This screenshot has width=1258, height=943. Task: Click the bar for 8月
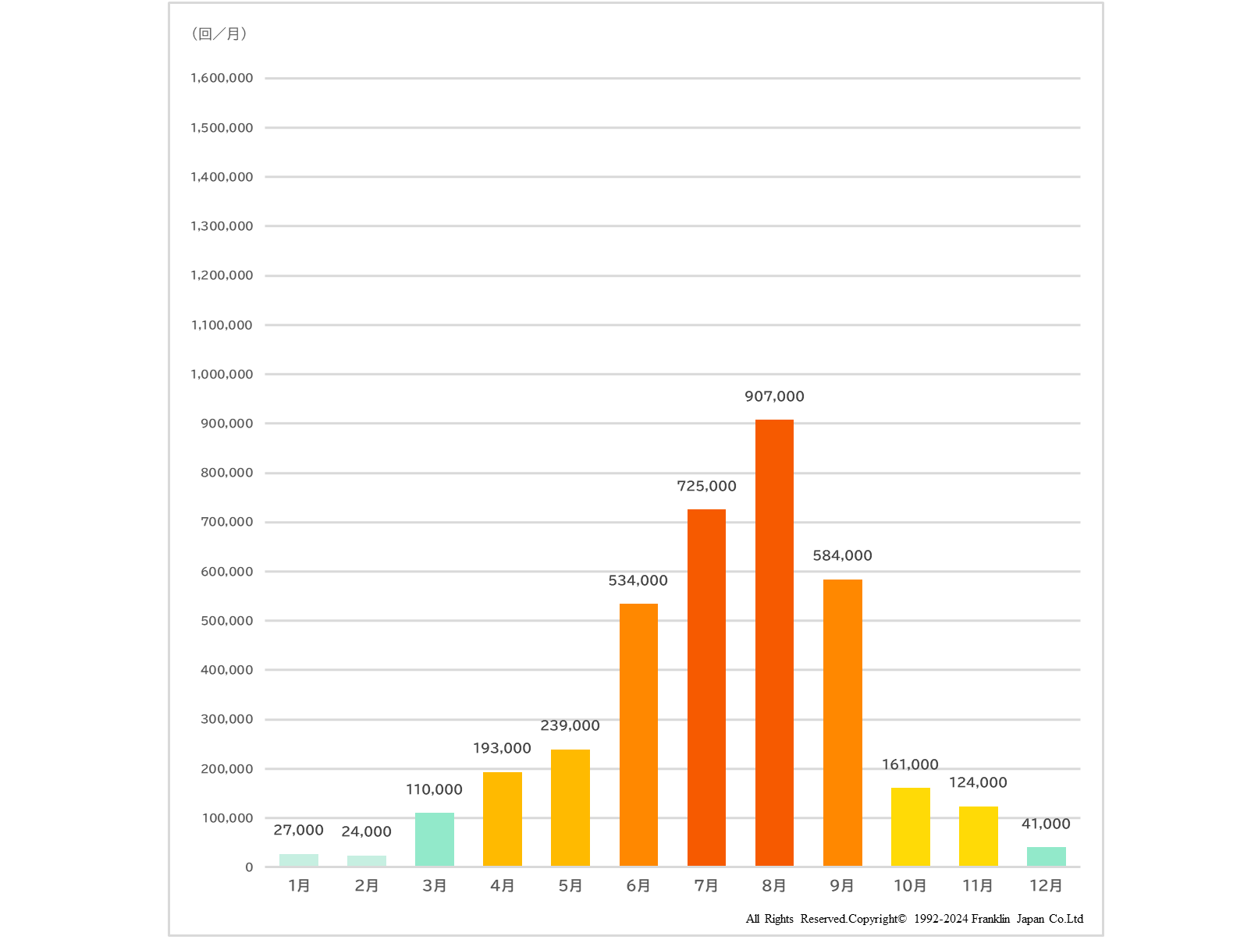(774, 643)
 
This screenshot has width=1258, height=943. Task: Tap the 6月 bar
(638, 735)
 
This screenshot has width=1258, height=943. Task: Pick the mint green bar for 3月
(435, 839)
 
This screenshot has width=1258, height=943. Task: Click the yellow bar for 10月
(910, 827)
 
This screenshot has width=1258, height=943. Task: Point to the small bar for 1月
(299, 860)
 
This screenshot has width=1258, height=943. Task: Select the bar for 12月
(1046, 856)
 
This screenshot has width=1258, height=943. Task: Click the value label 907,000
(774, 396)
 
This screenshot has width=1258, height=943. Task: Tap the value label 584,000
(842, 555)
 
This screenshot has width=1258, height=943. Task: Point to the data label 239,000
(570, 725)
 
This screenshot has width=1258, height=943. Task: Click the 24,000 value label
(366, 831)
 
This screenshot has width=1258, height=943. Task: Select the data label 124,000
(978, 782)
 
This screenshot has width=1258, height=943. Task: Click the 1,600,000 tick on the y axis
(222, 78)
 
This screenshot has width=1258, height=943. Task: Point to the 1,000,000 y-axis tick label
(222, 374)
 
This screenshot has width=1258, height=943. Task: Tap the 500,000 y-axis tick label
(226, 621)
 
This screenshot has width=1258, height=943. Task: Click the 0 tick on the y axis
(249, 867)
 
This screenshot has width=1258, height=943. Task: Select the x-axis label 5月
(570, 885)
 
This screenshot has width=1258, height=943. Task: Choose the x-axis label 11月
(978, 885)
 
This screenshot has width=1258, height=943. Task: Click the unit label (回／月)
(219, 34)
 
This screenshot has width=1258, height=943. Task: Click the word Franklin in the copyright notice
(990, 919)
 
